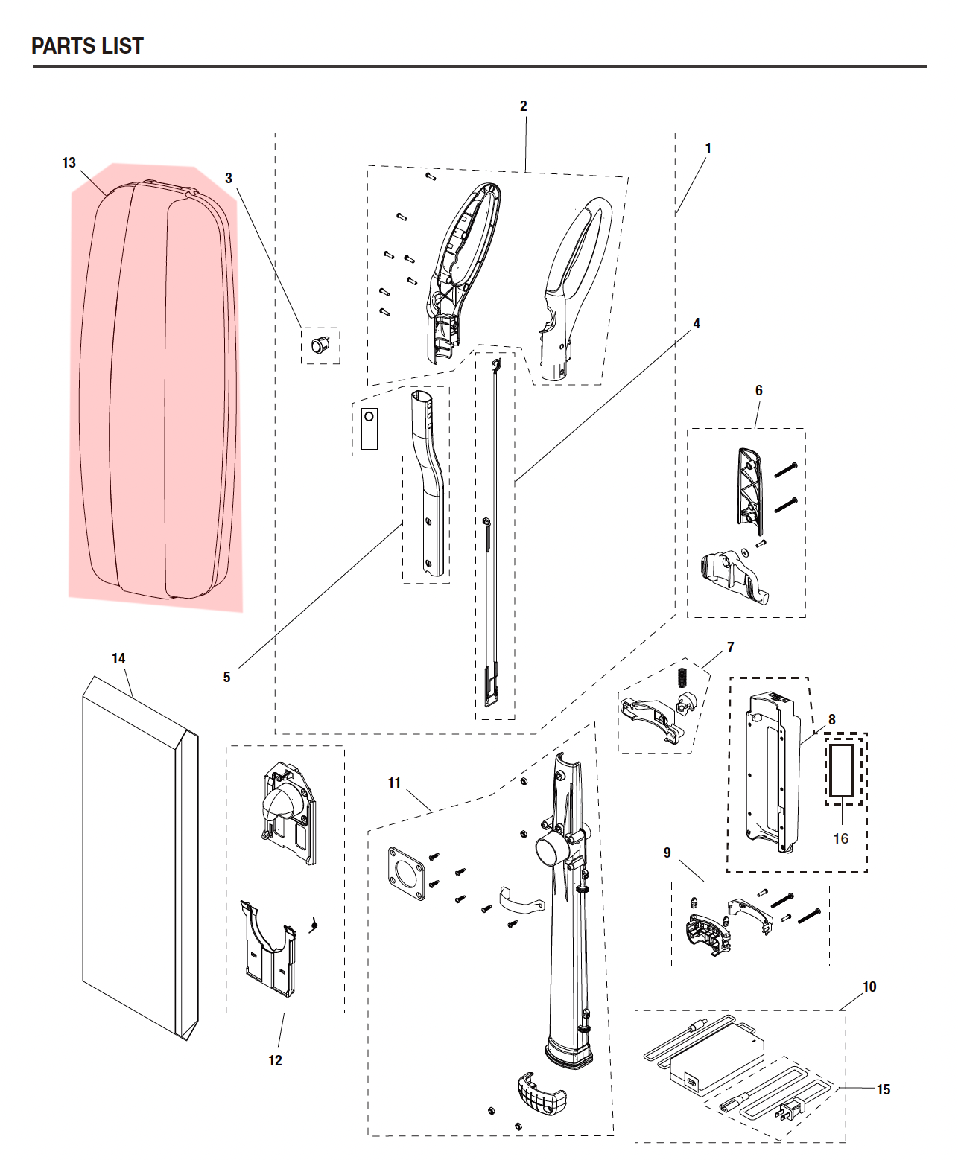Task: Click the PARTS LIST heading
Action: click(87, 45)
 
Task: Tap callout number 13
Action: click(69, 163)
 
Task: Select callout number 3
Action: click(229, 179)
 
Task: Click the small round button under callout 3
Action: click(319, 345)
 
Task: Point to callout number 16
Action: click(841, 838)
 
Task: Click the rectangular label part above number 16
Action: click(842, 771)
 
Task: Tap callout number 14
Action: click(118, 658)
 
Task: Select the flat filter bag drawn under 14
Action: click(140, 858)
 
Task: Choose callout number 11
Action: click(394, 783)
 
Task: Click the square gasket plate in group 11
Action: click(407, 873)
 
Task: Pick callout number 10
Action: click(869, 987)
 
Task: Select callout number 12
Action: click(275, 1060)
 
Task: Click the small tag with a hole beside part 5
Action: click(369, 429)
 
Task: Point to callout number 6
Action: click(759, 391)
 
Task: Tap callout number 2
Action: click(523, 106)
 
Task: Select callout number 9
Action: click(667, 853)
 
